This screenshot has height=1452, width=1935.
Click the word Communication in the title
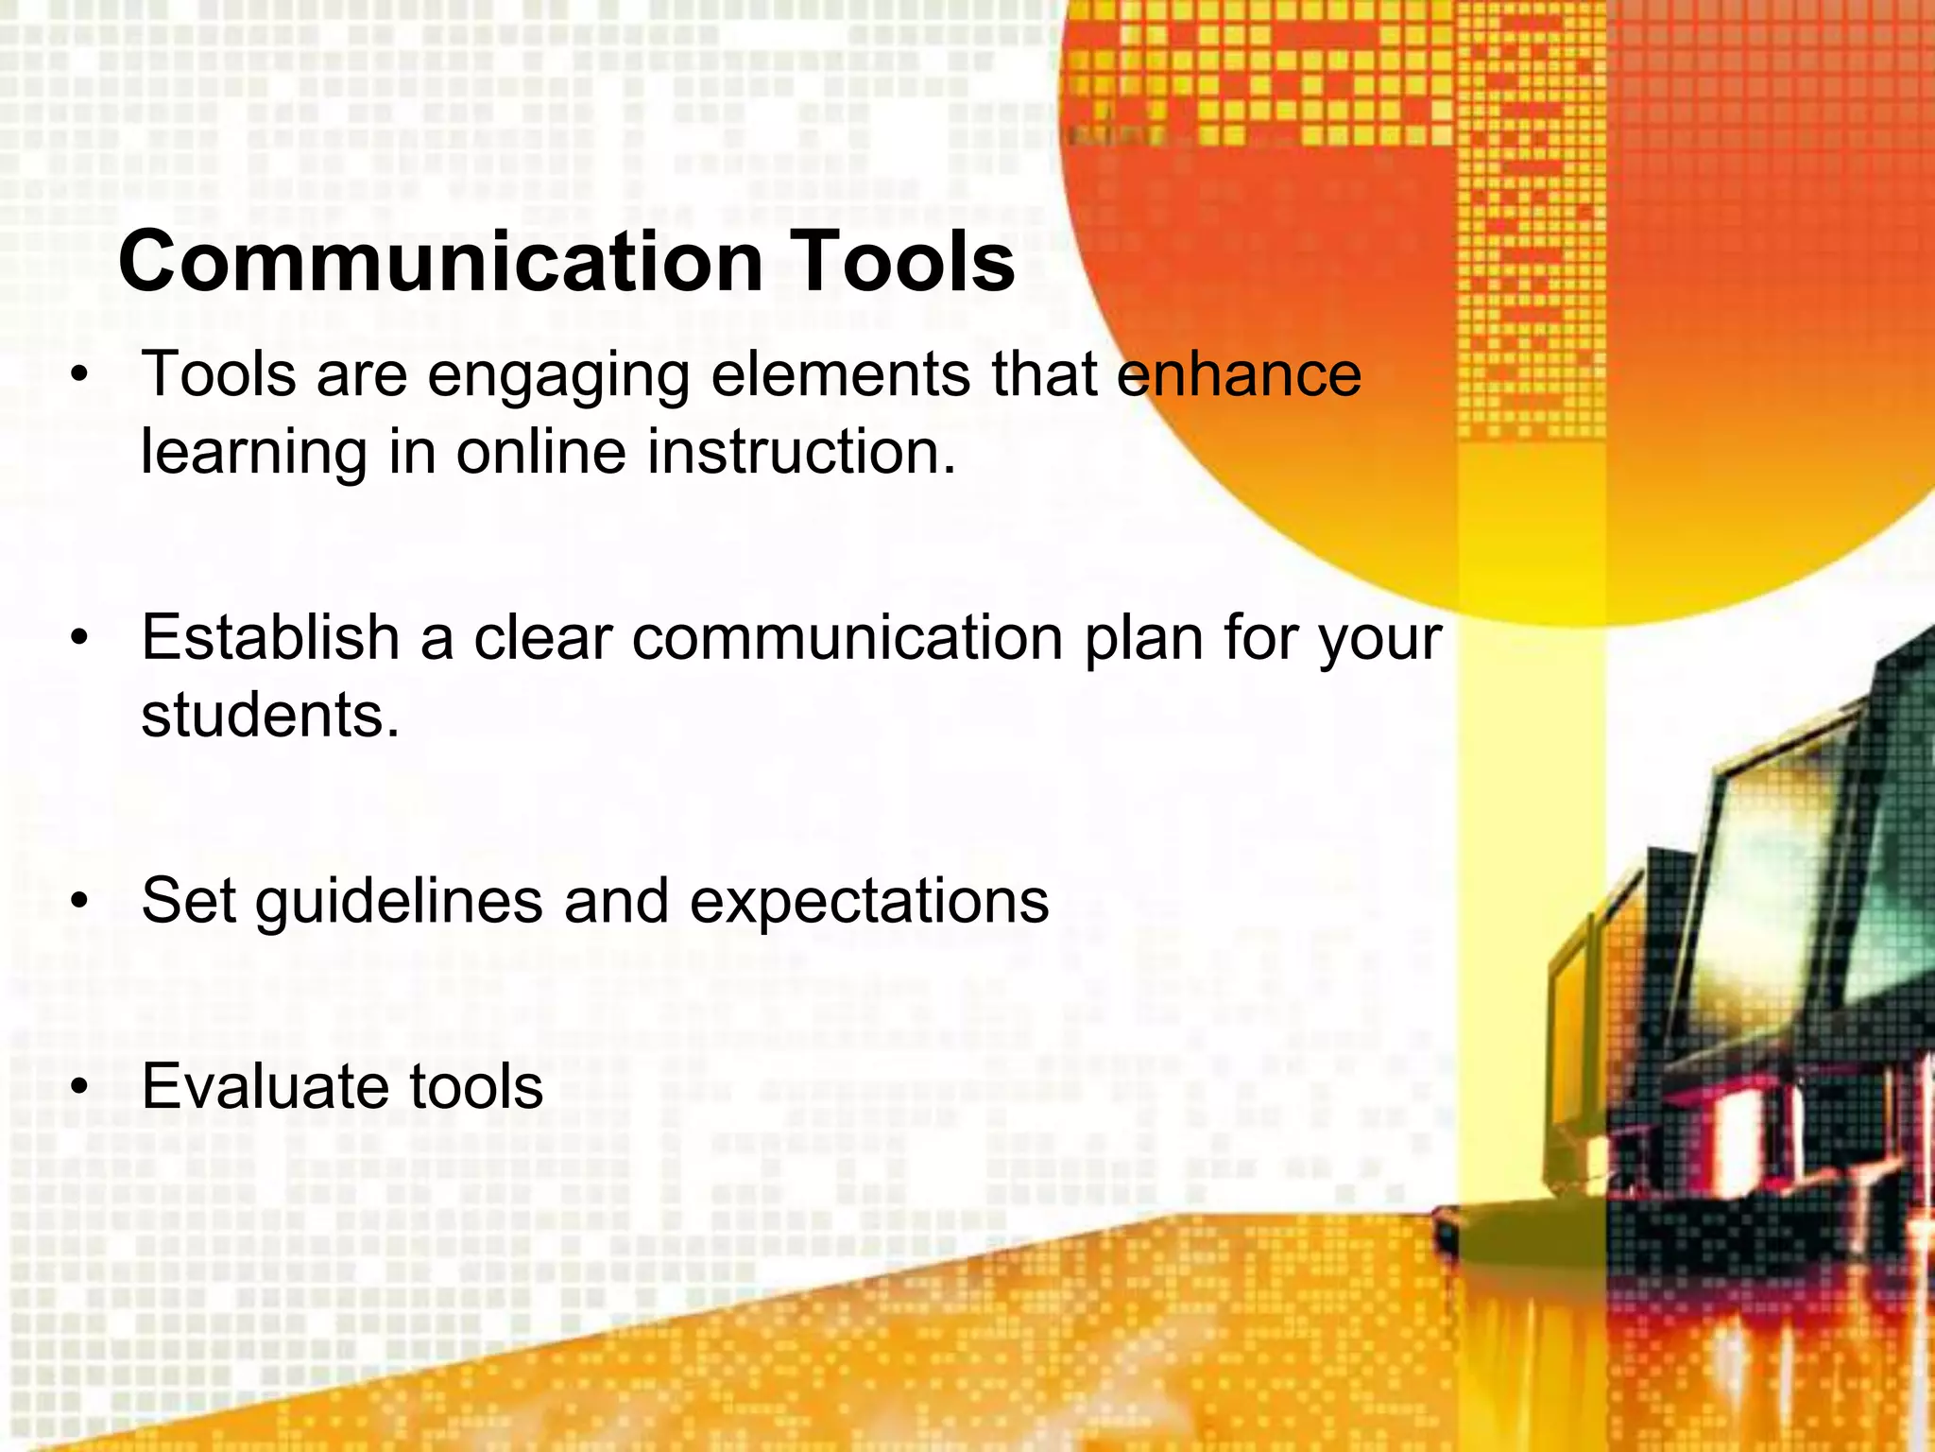tap(440, 262)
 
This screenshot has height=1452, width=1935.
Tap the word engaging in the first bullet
tap(558, 376)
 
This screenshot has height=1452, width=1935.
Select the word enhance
tap(1239, 374)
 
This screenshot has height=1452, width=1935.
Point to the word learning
tap(253, 454)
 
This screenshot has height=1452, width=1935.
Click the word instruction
tap(801, 452)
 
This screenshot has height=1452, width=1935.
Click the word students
tap(270, 715)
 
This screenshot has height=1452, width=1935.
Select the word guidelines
tap(399, 902)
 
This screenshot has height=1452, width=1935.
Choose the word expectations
tap(869, 902)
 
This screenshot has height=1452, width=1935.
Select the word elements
tap(840, 374)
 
